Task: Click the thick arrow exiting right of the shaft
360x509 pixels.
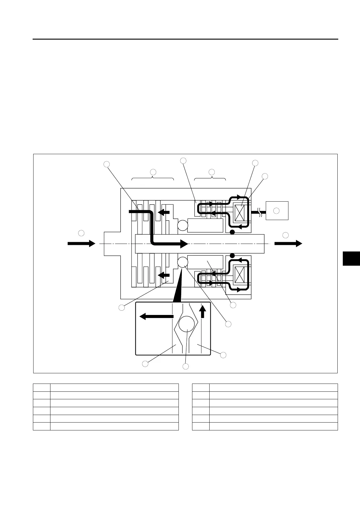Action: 288,243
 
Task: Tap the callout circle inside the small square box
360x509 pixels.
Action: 276,211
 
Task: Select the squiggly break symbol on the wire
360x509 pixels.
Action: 259,211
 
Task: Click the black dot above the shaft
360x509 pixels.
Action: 232,232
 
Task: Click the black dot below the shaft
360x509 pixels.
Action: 232,256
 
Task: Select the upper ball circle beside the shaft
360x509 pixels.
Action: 182,225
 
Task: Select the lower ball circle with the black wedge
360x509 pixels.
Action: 182,262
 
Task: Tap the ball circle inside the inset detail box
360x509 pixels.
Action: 186,324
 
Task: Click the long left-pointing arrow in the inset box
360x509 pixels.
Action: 156,316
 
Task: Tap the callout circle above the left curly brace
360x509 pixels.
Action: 153,172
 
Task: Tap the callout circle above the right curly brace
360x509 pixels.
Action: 211,172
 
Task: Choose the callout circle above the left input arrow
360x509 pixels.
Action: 81,233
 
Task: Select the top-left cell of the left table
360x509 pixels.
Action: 42,387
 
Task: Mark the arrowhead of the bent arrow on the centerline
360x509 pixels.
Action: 184,244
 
